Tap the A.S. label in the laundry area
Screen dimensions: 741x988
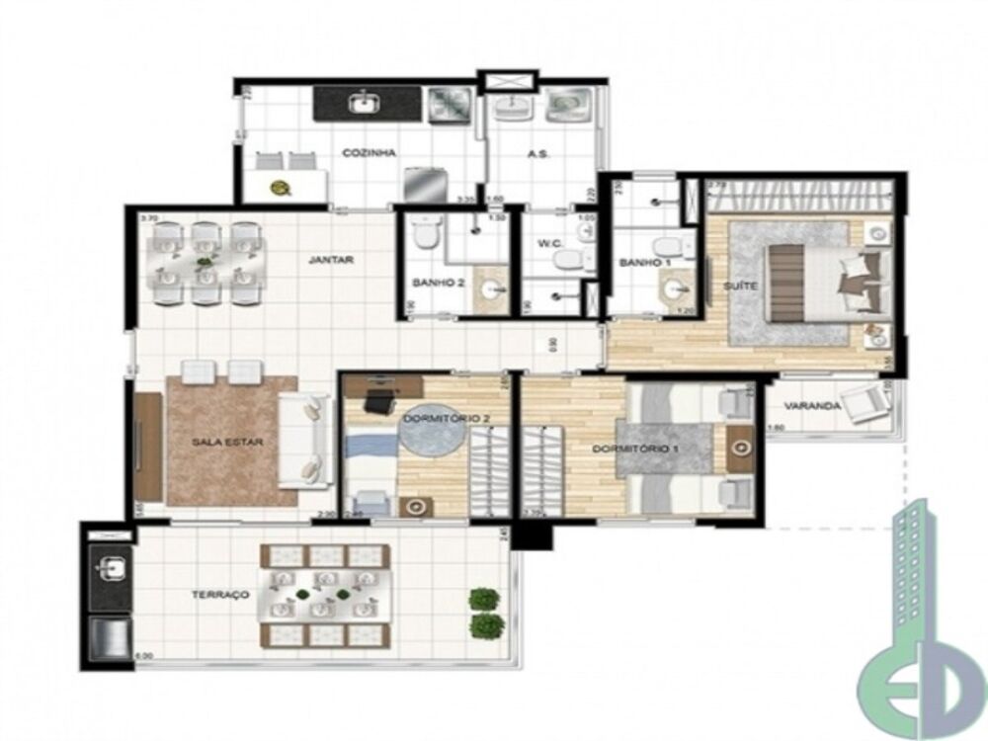click(537, 155)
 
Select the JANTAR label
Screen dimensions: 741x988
click(331, 261)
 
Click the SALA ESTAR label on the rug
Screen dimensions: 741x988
click(227, 443)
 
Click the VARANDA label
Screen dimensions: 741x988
click(812, 406)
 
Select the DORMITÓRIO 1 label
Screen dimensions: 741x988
click(649, 449)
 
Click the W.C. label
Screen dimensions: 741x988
click(550, 244)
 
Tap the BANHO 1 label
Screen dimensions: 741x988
click(639, 264)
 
